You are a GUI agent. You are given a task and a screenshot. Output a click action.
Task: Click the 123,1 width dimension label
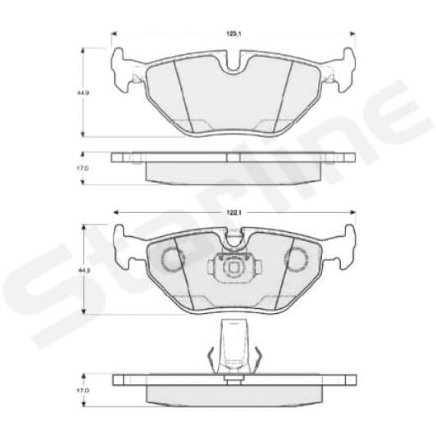(234, 34)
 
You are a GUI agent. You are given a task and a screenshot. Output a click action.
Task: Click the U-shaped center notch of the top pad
(234, 64)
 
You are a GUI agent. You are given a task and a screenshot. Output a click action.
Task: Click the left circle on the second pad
(172, 260)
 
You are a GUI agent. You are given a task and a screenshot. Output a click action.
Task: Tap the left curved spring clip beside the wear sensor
(211, 359)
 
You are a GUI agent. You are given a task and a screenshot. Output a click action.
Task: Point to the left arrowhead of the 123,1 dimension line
(114, 34)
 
